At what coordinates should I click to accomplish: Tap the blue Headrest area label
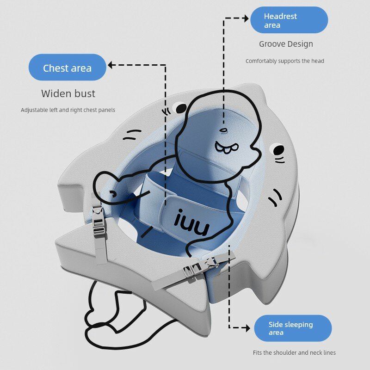289,20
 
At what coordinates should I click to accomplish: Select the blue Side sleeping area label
293,328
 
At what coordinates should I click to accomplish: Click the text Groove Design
286,44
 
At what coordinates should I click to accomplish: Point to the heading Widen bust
68,93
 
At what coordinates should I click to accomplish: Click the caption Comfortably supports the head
285,61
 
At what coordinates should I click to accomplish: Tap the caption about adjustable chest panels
68,110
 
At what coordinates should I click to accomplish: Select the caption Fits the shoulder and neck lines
294,352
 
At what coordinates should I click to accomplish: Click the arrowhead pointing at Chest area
110,65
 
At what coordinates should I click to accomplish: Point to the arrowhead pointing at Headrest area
247,18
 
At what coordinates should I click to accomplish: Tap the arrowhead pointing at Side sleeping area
248,328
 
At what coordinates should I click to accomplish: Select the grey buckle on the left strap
99,221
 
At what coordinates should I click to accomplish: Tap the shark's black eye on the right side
279,150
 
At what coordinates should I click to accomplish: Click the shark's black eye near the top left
181,108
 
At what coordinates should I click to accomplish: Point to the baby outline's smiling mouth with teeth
226,148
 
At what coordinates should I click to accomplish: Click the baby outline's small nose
223,130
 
